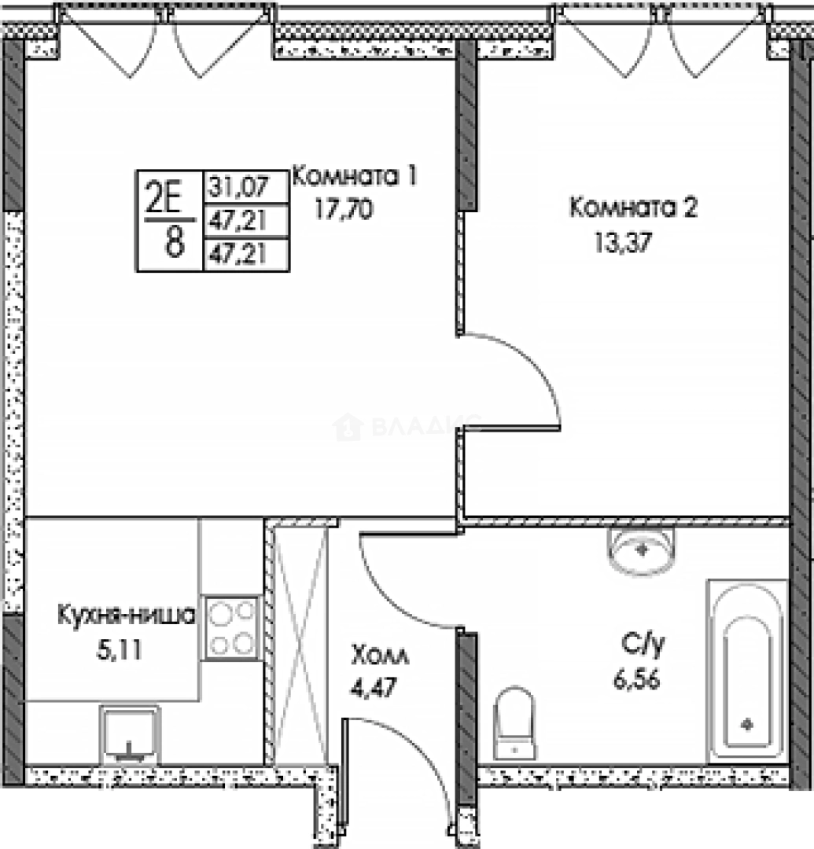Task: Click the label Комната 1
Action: click(x=353, y=176)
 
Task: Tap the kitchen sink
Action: click(x=130, y=735)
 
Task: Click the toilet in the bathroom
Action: click(x=515, y=724)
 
